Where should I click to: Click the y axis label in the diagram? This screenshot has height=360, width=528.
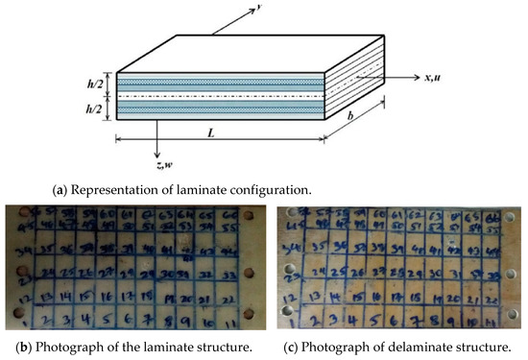point(233,8)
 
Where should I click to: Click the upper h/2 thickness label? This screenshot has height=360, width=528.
point(92,80)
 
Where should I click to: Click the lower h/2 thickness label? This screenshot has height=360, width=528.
point(92,108)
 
